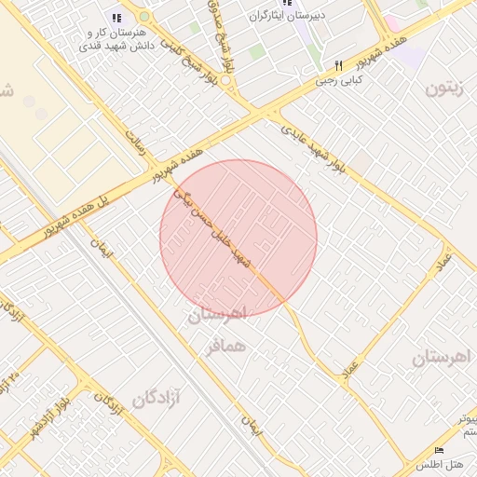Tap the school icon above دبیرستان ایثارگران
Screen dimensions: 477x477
click(x=287, y=3)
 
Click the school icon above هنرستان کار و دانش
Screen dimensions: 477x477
click(x=116, y=17)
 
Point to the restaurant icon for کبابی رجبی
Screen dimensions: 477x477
click(x=339, y=66)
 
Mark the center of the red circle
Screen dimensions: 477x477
click(x=238, y=238)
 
